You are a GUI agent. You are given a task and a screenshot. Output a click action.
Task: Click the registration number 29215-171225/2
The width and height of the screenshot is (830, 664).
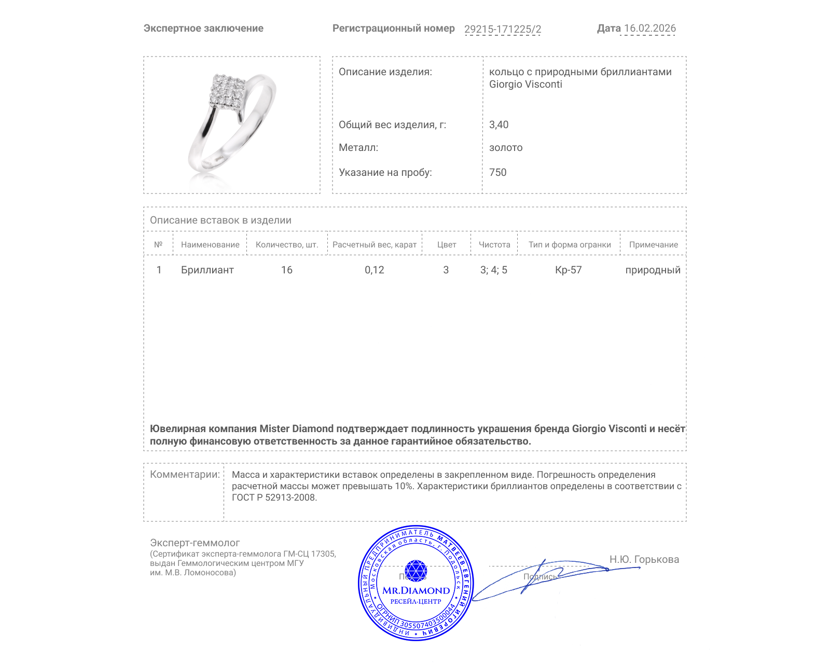tap(502, 29)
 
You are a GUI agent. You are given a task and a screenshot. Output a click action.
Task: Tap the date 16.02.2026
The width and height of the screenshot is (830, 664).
tap(649, 29)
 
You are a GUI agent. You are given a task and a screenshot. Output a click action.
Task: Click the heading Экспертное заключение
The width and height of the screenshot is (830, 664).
tap(203, 29)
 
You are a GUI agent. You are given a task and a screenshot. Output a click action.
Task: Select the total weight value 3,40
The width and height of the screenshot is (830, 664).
tap(499, 125)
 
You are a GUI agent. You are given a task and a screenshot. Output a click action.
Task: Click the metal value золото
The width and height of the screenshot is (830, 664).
tap(506, 147)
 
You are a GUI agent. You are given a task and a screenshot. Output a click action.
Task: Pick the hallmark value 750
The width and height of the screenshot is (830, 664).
tap(497, 172)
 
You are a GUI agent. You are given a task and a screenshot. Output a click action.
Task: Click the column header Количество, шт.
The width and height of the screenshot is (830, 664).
tap(287, 245)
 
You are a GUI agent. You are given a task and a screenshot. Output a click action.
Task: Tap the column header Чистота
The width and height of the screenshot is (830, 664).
tap(494, 245)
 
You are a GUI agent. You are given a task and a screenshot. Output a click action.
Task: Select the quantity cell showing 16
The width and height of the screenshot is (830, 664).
tap(287, 270)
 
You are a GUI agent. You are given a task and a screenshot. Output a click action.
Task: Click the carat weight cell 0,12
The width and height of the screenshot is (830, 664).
tap(375, 270)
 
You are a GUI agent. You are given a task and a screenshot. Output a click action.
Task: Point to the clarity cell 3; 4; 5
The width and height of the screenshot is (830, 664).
tap(494, 270)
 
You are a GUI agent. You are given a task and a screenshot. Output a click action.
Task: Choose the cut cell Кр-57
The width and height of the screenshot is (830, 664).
tap(569, 270)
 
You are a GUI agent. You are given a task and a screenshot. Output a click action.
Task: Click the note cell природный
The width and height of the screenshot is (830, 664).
tap(653, 270)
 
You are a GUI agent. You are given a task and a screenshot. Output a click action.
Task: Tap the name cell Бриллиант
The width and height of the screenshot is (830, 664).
tap(208, 270)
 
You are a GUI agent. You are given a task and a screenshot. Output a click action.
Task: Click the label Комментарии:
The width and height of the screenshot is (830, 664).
tap(185, 474)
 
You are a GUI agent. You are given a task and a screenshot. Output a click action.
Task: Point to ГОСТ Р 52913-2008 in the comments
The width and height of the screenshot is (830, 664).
tap(273, 497)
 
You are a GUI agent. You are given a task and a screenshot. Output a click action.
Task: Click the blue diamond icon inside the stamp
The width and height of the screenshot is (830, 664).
tap(416, 571)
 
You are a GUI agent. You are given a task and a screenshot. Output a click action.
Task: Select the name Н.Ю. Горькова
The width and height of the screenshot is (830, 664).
tap(644, 559)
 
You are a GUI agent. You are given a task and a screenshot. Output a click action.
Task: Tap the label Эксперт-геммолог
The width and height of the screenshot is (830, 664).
tap(195, 543)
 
